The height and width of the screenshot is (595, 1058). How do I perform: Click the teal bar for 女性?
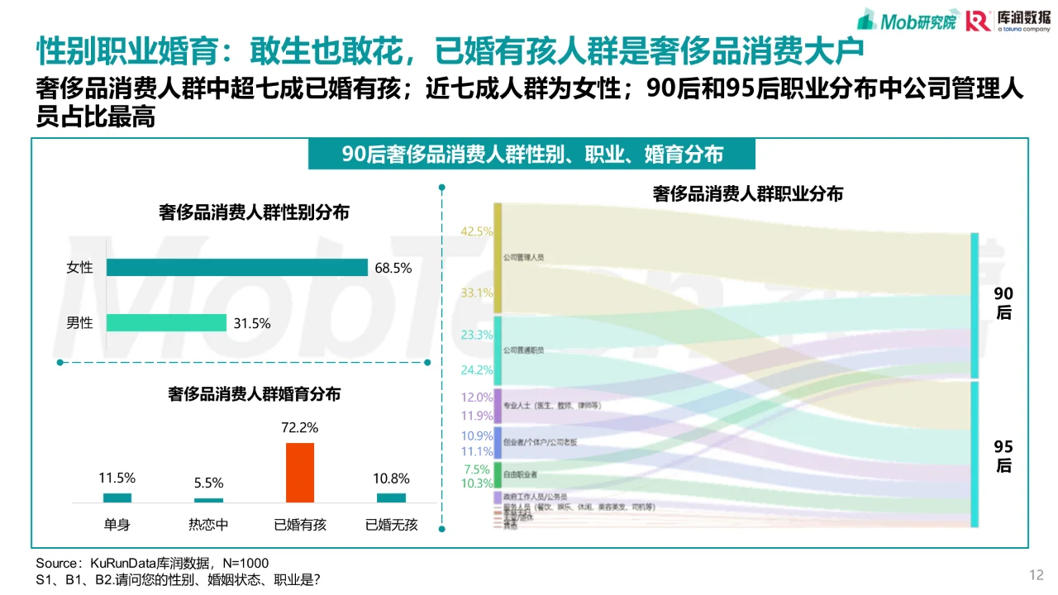236,268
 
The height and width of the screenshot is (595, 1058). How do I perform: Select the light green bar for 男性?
166,323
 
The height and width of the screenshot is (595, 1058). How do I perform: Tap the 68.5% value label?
393,269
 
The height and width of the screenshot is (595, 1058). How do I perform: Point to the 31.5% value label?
251,324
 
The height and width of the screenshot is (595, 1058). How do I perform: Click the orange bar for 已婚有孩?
299,473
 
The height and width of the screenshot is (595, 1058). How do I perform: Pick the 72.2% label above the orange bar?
299,428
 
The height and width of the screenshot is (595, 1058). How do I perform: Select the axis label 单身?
117,524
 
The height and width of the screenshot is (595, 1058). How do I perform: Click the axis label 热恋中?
208,524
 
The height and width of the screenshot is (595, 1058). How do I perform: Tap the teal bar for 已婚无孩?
391,497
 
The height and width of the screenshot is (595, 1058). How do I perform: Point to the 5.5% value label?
208,483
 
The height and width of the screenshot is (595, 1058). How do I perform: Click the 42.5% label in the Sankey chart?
477,232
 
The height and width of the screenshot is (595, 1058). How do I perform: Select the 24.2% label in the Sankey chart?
477,370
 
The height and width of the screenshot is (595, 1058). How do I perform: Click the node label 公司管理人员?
524,258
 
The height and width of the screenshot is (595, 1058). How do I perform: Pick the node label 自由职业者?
521,474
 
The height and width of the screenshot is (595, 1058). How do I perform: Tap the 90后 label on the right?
1003,303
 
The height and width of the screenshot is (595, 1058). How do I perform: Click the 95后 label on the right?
1003,456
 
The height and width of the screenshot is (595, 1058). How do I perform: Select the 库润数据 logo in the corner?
1008,20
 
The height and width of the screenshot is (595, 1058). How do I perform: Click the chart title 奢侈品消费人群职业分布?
747,194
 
